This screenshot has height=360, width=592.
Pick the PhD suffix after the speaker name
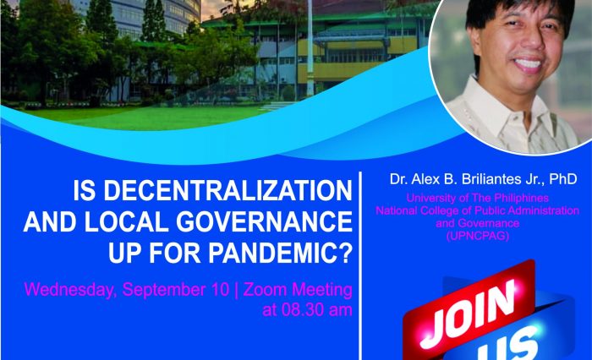(x=561, y=179)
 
